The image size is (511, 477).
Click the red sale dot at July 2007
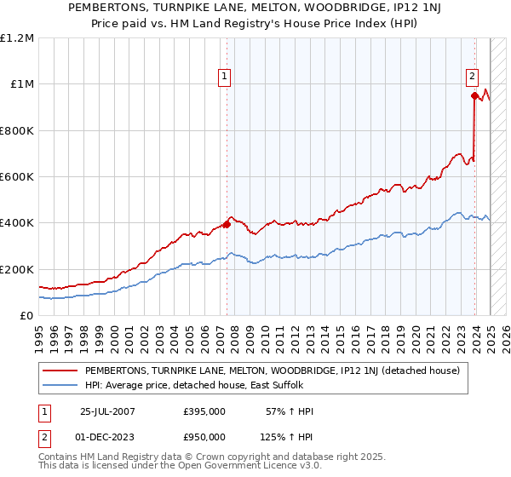click(x=227, y=225)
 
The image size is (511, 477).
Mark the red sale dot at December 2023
click(x=474, y=96)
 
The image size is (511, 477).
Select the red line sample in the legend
click(x=61, y=371)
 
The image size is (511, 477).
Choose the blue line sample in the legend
click(x=61, y=386)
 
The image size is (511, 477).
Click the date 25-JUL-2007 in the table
click(x=107, y=411)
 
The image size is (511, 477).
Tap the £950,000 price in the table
click(x=204, y=435)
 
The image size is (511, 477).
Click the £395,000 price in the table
click(x=204, y=411)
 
